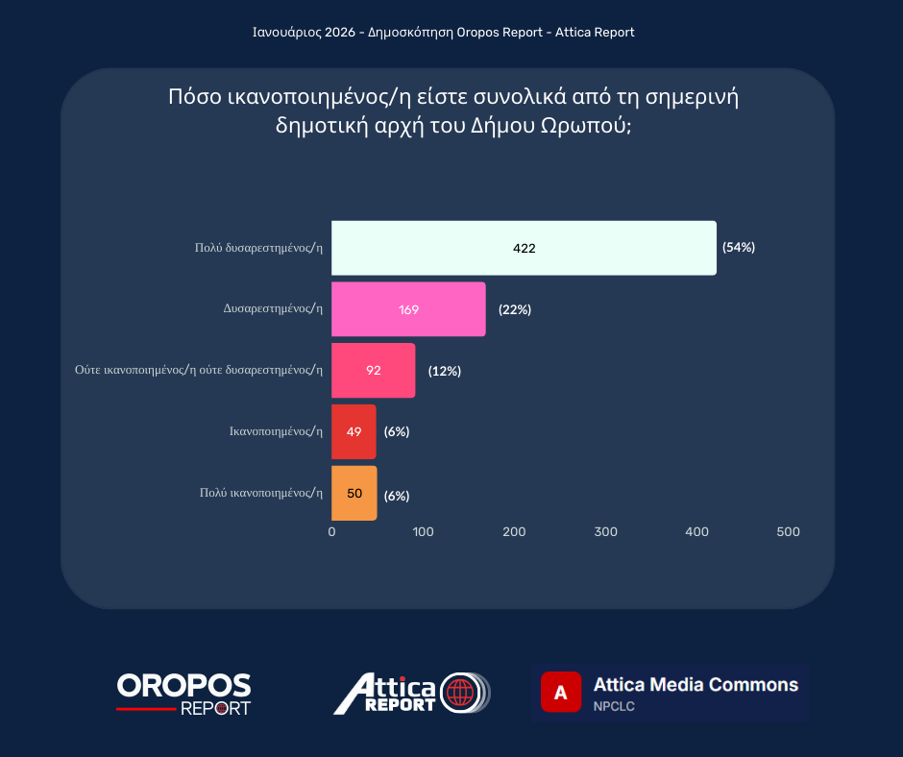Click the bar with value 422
[x=524, y=248]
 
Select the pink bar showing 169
[x=408, y=309]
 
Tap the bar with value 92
[x=373, y=371]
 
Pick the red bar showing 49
[x=354, y=431]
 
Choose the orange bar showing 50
[x=354, y=494]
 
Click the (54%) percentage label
[x=739, y=247]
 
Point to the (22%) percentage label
[x=515, y=309]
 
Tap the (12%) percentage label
[x=445, y=371]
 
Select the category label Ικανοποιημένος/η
[x=275, y=431]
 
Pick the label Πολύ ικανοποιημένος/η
[x=260, y=493]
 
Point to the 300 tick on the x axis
[x=605, y=532]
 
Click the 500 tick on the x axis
[x=788, y=532]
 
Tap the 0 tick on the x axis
[x=331, y=532]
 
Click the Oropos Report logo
[x=183, y=694]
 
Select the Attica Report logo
[x=411, y=694]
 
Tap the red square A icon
[x=561, y=692]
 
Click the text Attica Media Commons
[x=696, y=685]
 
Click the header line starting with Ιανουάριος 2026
[x=443, y=33]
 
